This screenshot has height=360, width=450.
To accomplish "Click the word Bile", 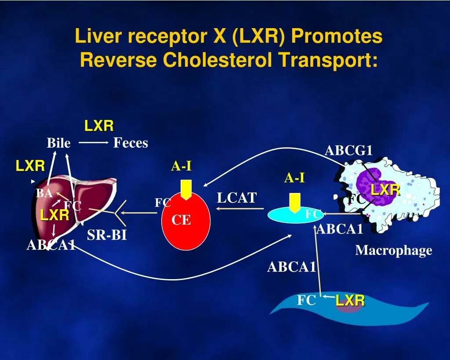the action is [58, 143].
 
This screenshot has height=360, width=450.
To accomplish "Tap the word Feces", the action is [131, 143].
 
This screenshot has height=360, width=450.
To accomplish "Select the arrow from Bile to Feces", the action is [94, 142].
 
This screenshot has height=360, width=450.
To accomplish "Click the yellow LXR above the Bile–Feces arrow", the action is [99, 126].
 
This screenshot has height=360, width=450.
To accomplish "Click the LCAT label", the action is [236, 198].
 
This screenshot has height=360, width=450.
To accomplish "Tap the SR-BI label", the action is [107, 235].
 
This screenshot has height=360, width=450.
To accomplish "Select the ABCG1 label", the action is [348, 150].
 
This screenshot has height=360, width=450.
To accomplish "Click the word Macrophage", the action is [394, 251].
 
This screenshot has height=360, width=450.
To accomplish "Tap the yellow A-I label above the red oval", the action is [181, 167].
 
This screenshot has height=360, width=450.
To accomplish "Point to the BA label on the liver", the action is [44, 193].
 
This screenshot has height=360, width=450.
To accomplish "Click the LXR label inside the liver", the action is [54, 215].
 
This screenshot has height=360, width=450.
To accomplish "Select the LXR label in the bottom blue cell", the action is [350, 301].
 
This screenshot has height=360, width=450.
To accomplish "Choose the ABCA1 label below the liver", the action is [51, 245].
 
